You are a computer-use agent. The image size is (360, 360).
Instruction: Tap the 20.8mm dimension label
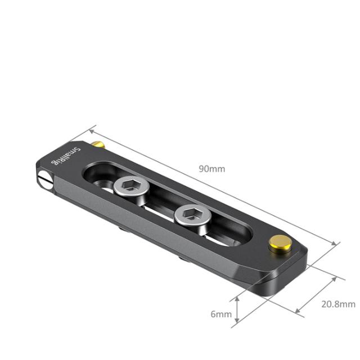[337, 304]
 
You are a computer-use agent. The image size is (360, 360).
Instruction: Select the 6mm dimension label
[221, 314]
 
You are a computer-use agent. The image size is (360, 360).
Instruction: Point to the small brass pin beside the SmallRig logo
[98, 145]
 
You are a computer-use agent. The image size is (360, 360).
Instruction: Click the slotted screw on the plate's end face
[44, 181]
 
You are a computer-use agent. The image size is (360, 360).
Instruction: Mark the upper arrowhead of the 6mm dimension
[239, 298]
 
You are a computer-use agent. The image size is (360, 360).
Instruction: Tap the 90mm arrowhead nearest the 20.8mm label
[337, 245]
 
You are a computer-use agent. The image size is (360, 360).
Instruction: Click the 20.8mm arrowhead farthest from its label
[296, 310]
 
